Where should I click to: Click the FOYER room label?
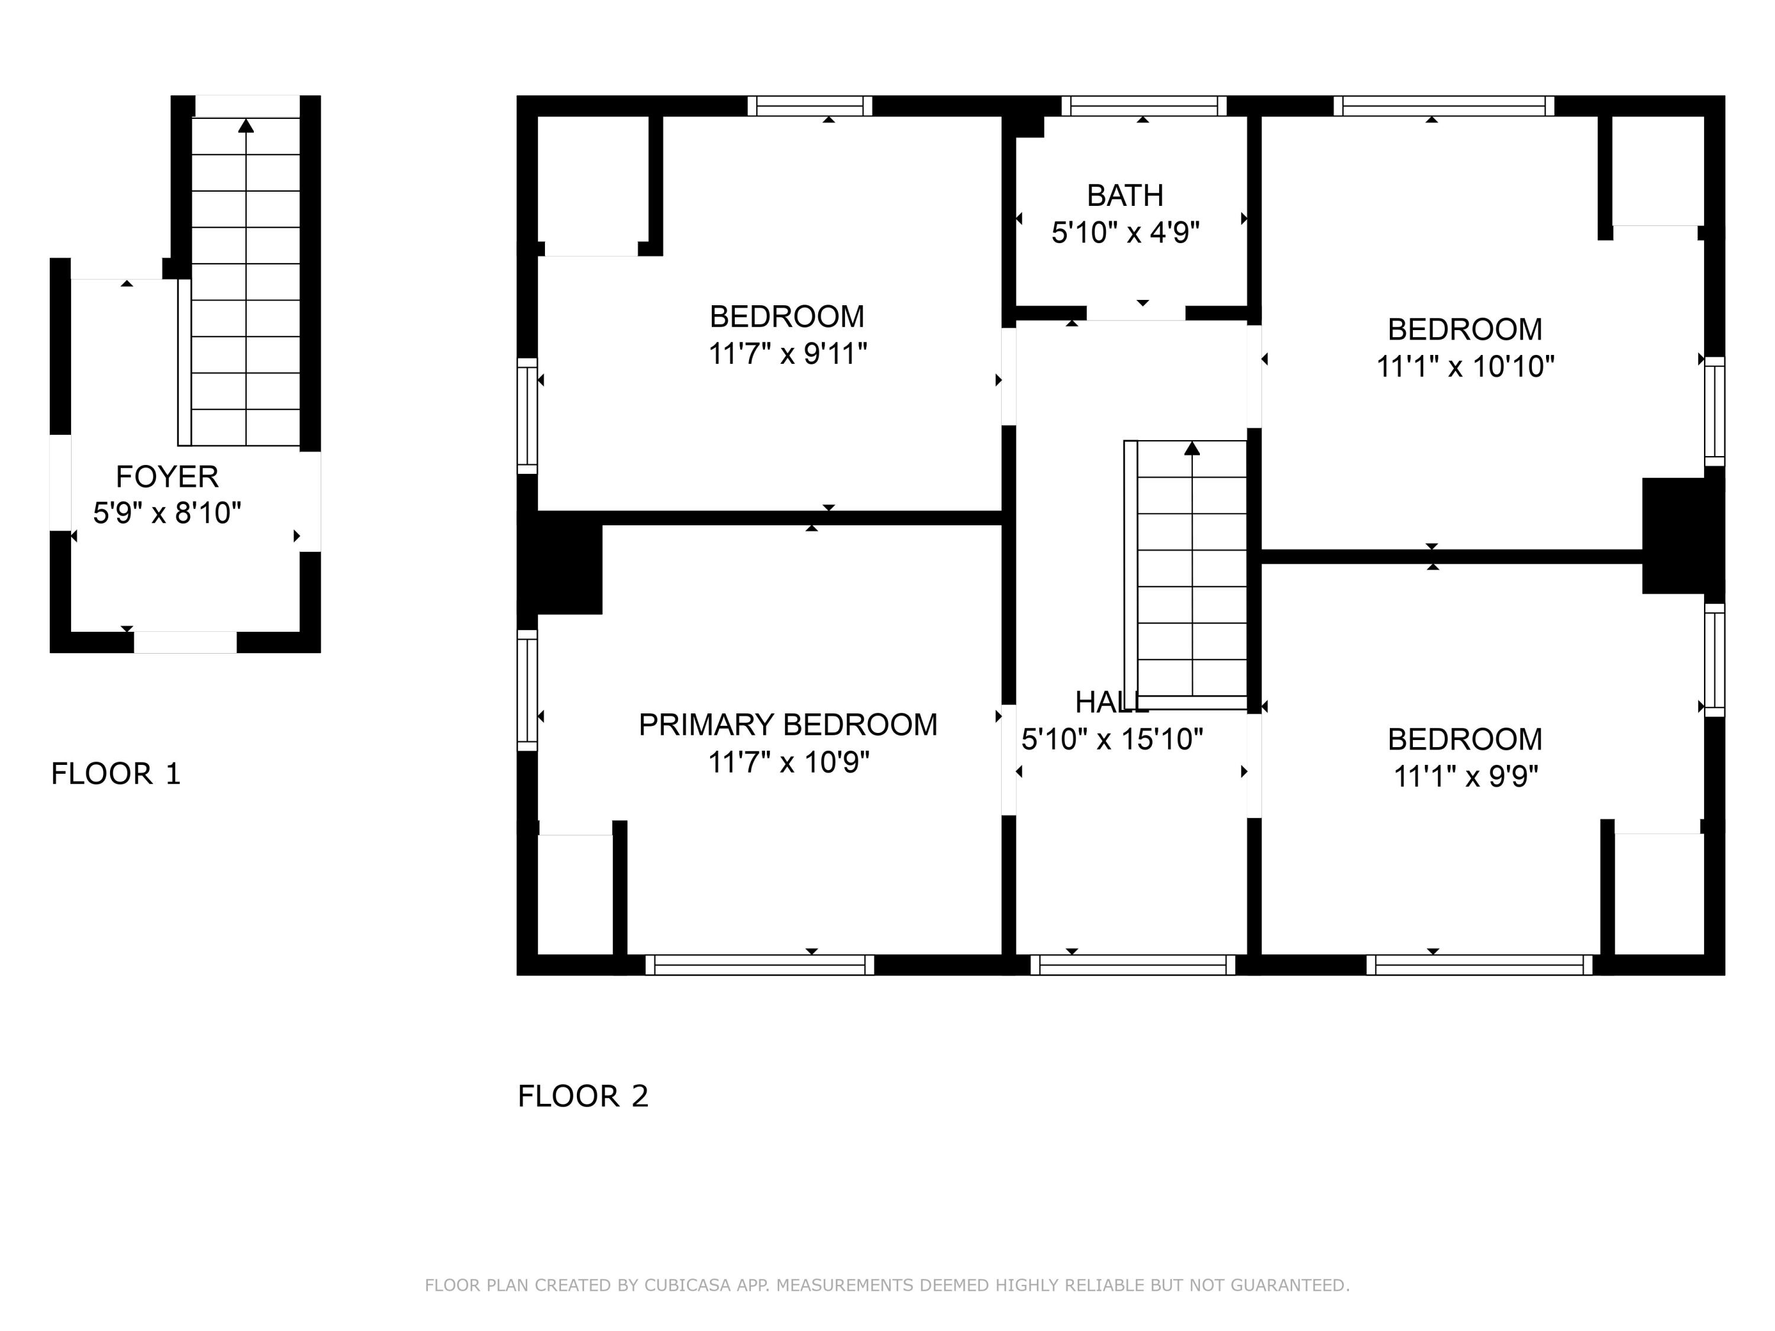click(167, 477)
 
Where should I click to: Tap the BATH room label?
click(1124, 196)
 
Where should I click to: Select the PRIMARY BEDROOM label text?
click(787, 725)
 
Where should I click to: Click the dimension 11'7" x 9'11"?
click(787, 354)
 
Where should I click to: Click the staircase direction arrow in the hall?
click(1192, 448)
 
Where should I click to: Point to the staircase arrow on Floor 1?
click(246, 126)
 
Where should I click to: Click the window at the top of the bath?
click(1144, 106)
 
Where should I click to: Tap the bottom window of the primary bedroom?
click(759, 964)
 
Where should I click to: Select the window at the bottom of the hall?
click(1132, 964)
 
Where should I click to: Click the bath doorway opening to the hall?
click(1135, 314)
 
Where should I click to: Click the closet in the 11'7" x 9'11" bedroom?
click(592, 185)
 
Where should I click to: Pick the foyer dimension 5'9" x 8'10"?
click(167, 513)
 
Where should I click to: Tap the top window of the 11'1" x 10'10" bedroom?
click(1444, 106)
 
